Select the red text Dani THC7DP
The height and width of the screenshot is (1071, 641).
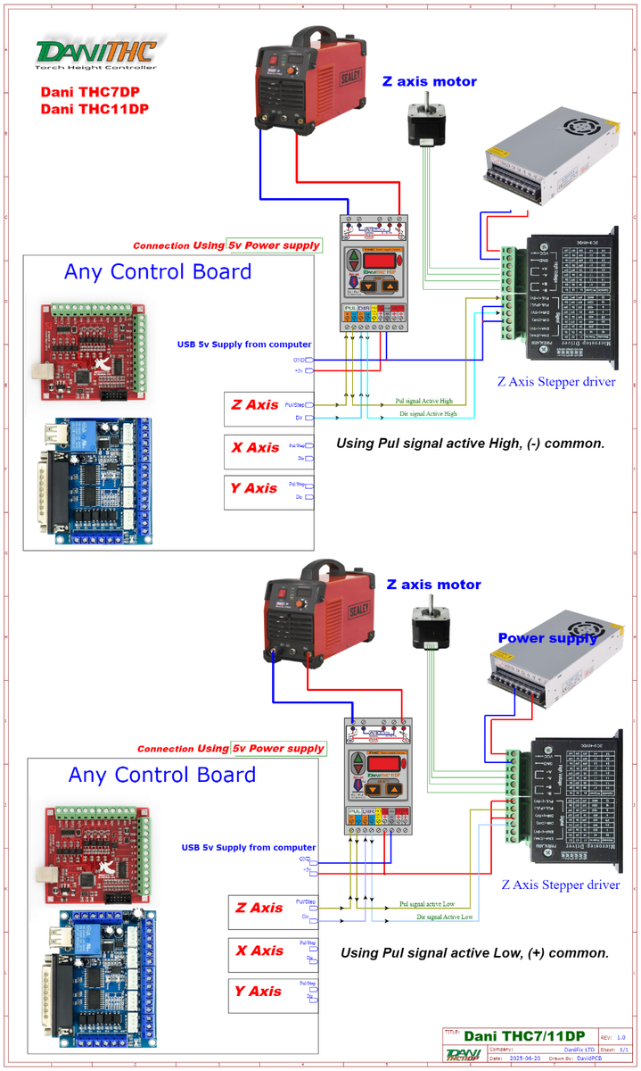89,92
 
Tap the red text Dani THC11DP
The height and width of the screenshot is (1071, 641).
95,109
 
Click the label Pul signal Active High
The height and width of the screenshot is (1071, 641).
423,402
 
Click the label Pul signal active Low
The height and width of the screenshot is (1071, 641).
427,905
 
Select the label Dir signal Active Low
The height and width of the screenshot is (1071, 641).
445,917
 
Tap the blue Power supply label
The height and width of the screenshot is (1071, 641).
546,638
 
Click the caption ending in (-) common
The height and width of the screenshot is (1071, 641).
470,443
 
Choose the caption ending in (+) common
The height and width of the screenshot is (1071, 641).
474,953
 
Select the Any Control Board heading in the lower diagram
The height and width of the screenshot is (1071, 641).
162,775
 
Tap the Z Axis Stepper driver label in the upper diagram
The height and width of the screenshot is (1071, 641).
556,382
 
